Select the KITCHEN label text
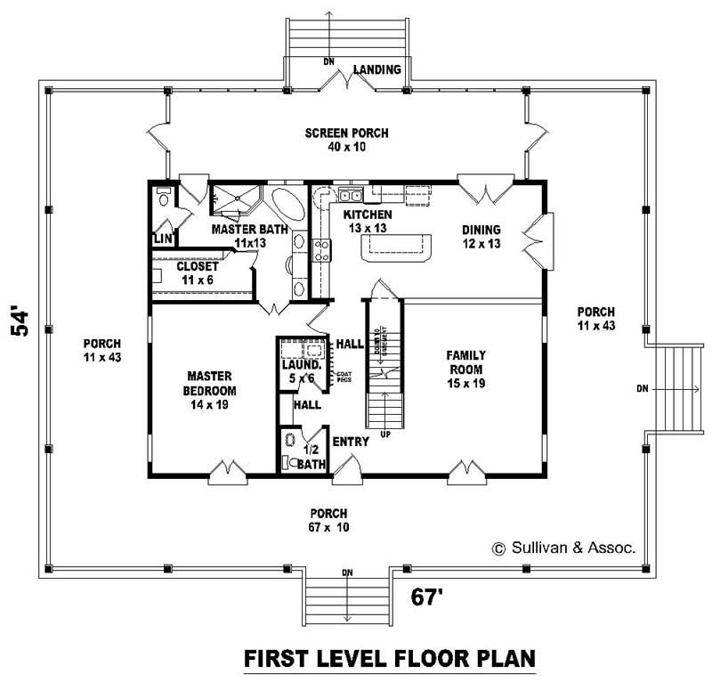[x=368, y=222]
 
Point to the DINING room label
[x=481, y=236]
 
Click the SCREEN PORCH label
[x=346, y=140]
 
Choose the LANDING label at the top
[x=377, y=69]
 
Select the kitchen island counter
[x=395, y=248]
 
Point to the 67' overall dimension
[x=427, y=596]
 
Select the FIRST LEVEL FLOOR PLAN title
[x=389, y=659]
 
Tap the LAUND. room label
[x=297, y=371]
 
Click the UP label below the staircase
[x=385, y=434]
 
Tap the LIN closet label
[x=162, y=239]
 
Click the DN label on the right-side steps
[x=643, y=389]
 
